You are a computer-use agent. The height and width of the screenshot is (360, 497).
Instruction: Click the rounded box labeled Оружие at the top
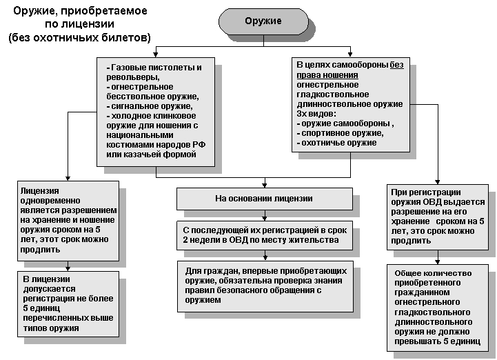click(263, 21)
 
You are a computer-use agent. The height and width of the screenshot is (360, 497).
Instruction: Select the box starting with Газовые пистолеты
click(155, 110)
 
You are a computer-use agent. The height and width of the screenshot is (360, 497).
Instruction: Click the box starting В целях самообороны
click(350, 103)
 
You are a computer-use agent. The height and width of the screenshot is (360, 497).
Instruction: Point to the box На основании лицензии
click(265, 199)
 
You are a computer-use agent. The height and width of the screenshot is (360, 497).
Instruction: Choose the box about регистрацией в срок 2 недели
click(265, 234)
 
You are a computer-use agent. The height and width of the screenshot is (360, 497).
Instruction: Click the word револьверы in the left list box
click(129, 78)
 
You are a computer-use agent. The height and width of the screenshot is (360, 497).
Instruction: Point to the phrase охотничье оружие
click(336, 142)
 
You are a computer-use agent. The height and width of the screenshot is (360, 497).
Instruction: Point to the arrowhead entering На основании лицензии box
click(264, 185)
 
